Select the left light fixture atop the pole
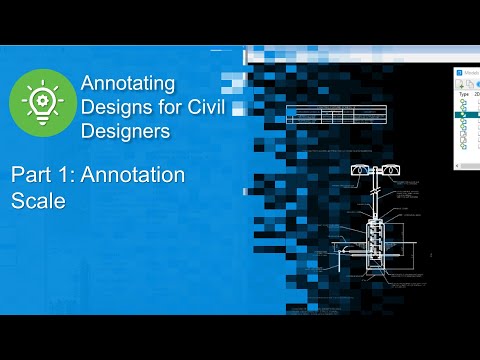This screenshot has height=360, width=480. point(357,173)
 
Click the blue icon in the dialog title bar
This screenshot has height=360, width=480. point(460,72)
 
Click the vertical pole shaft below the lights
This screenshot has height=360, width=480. point(374,200)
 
